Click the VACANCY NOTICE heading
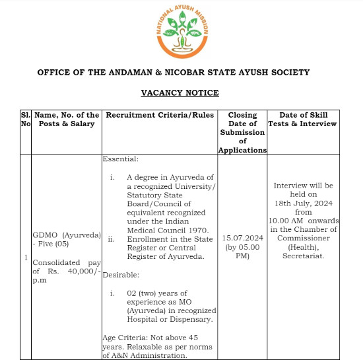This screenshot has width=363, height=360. click(180, 92)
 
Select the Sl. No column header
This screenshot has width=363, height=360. click(26, 119)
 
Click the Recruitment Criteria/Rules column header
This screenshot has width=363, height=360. click(160, 115)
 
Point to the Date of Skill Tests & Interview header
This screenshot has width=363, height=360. click(302, 119)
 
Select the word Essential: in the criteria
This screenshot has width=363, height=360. click(121, 159)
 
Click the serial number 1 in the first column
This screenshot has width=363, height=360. click(26, 256)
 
